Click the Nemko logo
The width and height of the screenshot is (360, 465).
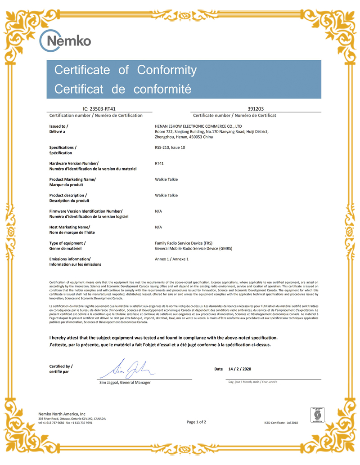coord(65,41)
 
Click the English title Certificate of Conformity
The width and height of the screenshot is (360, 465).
coord(126,70)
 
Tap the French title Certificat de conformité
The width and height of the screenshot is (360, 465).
coord(123,89)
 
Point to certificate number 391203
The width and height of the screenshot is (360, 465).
coord(256,109)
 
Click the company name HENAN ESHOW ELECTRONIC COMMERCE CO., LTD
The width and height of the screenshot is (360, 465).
coord(198,126)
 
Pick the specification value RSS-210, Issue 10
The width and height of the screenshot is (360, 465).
coord(170,148)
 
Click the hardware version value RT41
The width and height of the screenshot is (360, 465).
coord(159,164)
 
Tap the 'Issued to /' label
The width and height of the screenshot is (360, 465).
coord(59,126)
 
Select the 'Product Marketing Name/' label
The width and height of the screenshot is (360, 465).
coord(72,179)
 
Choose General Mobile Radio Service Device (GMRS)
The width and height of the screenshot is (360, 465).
coord(193,248)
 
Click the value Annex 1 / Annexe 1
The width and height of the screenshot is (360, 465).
coord(171,259)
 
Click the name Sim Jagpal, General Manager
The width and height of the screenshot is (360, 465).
coord(125,382)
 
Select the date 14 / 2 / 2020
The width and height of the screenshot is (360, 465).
coord(240,369)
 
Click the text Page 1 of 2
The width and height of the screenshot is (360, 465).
coord(196,422)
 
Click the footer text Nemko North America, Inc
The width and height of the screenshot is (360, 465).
coord(62,414)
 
